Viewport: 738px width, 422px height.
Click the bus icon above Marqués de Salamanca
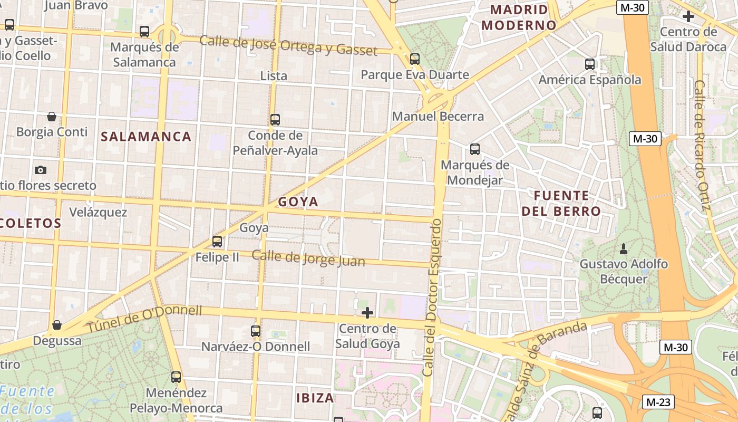144,32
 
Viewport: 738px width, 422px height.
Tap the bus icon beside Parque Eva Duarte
415,59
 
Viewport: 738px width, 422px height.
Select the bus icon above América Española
590,64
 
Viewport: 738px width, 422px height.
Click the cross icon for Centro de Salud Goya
367,313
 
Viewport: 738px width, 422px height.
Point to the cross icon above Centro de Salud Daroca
688,16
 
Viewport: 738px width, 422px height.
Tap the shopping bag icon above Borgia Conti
52,116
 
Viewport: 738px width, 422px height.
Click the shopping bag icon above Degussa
57,325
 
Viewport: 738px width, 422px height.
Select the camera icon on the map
41,170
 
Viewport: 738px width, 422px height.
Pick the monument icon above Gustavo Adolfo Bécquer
624,248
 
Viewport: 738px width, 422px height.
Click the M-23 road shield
659,402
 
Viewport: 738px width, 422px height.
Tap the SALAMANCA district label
146,137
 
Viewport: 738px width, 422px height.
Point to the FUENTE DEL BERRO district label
561,204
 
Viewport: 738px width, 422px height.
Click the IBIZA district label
315,398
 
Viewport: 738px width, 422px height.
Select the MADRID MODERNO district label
519,17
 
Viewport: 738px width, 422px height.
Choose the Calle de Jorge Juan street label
308,258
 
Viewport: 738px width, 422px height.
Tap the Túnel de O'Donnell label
144,318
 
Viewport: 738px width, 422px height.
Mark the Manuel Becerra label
438,116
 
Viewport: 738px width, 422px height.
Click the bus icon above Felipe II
217,242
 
